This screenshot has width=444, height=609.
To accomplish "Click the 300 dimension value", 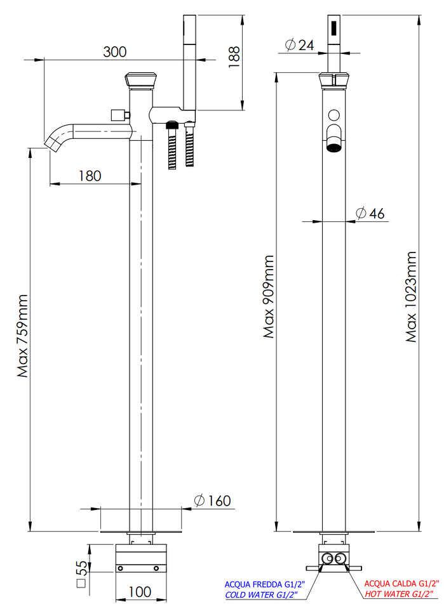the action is [115, 51].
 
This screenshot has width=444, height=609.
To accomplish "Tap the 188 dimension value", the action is [234, 57].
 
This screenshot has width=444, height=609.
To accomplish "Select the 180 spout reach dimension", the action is [90, 176].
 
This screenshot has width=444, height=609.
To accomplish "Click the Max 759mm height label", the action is [23, 336].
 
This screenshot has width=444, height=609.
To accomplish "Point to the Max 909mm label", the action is [269, 297].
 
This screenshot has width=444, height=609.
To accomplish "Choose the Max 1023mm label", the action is [411, 297].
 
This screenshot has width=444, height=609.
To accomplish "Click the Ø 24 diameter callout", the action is [299, 45].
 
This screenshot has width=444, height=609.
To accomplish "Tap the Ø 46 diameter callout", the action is [370, 213].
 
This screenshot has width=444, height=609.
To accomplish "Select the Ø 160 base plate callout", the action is [212, 501].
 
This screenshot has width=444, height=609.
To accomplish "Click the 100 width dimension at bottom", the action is [140, 592].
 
